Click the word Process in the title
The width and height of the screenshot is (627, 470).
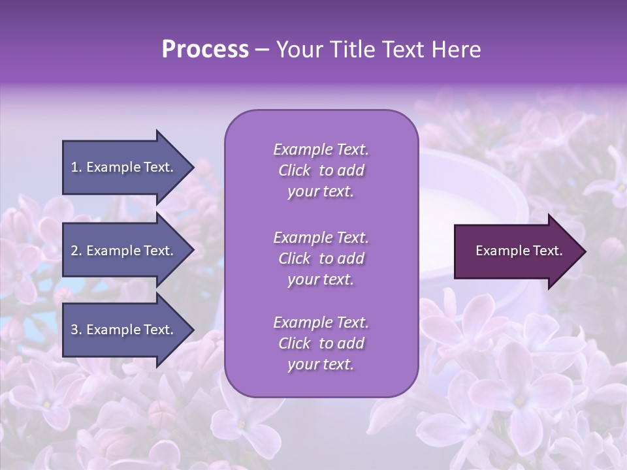[205, 50]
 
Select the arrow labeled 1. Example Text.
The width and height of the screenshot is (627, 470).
[124, 167]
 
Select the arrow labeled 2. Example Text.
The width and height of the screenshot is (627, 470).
[124, 251]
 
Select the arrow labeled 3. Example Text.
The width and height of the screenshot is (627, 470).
[124, 330]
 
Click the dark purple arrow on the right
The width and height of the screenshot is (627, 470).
[516, 251]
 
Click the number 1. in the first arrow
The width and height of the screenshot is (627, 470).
[76, 167]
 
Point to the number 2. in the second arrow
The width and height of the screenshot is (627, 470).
[76, 251]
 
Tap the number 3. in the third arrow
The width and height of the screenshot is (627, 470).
[76, 330]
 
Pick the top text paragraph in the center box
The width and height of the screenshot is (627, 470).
[321, 170]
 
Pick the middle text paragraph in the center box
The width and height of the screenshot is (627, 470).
[321, 258]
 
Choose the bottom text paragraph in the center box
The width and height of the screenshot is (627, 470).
[321, 343]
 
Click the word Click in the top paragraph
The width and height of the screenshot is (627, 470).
[294, 170]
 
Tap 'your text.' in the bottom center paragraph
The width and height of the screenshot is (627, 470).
[321, 365]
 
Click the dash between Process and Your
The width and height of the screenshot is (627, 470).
[262, 50]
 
